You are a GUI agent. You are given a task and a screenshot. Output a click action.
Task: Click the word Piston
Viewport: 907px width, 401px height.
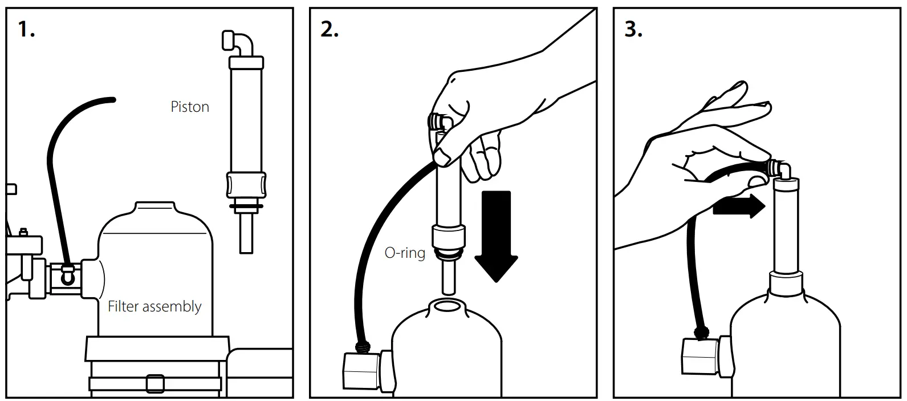click(190, 107)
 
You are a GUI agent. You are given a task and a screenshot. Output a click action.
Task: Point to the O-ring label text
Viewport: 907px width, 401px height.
click(405, 252)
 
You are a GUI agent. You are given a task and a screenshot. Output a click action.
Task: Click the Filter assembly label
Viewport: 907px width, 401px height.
click(154, 307)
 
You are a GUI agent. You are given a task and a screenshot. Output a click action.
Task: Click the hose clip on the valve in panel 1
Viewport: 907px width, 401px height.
click(68, 274)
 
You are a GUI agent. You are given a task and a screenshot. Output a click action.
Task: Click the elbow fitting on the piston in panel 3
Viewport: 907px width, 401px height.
click(779, 168)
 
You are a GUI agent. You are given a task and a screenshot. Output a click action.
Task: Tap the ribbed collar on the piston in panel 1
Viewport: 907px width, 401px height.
click(246, 185)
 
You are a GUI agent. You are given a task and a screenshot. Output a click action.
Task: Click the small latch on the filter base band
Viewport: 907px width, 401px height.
click(154, 383)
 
